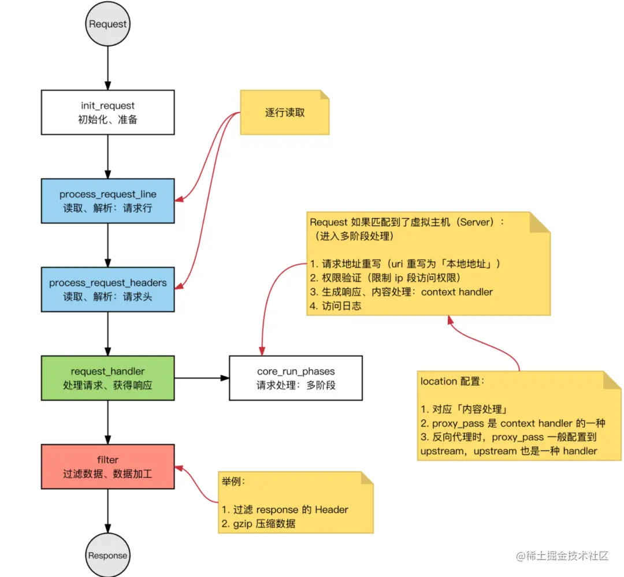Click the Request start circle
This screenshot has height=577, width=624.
pos(107,24)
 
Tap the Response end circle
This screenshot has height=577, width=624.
pos(107,555)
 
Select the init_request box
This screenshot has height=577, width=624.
pos(107,112)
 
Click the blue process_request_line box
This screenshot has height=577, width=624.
pos(107,201)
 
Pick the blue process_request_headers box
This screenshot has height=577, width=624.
pos(107,289)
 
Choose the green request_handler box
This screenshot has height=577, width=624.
pos(107,378)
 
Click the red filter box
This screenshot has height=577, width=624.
pos(107,467)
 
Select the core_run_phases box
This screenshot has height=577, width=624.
pos(295,378)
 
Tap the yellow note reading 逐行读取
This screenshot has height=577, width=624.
pos(285,113)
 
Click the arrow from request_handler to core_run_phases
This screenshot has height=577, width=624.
pos(202,378)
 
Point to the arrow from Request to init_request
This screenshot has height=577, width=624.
pos(107,68)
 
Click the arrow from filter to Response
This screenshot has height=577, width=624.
pos(107,511)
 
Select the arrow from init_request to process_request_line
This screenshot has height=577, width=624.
pos(107,156)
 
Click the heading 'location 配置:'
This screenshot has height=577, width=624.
pos(453,382)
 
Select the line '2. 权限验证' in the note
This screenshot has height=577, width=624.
pos(385,278)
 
